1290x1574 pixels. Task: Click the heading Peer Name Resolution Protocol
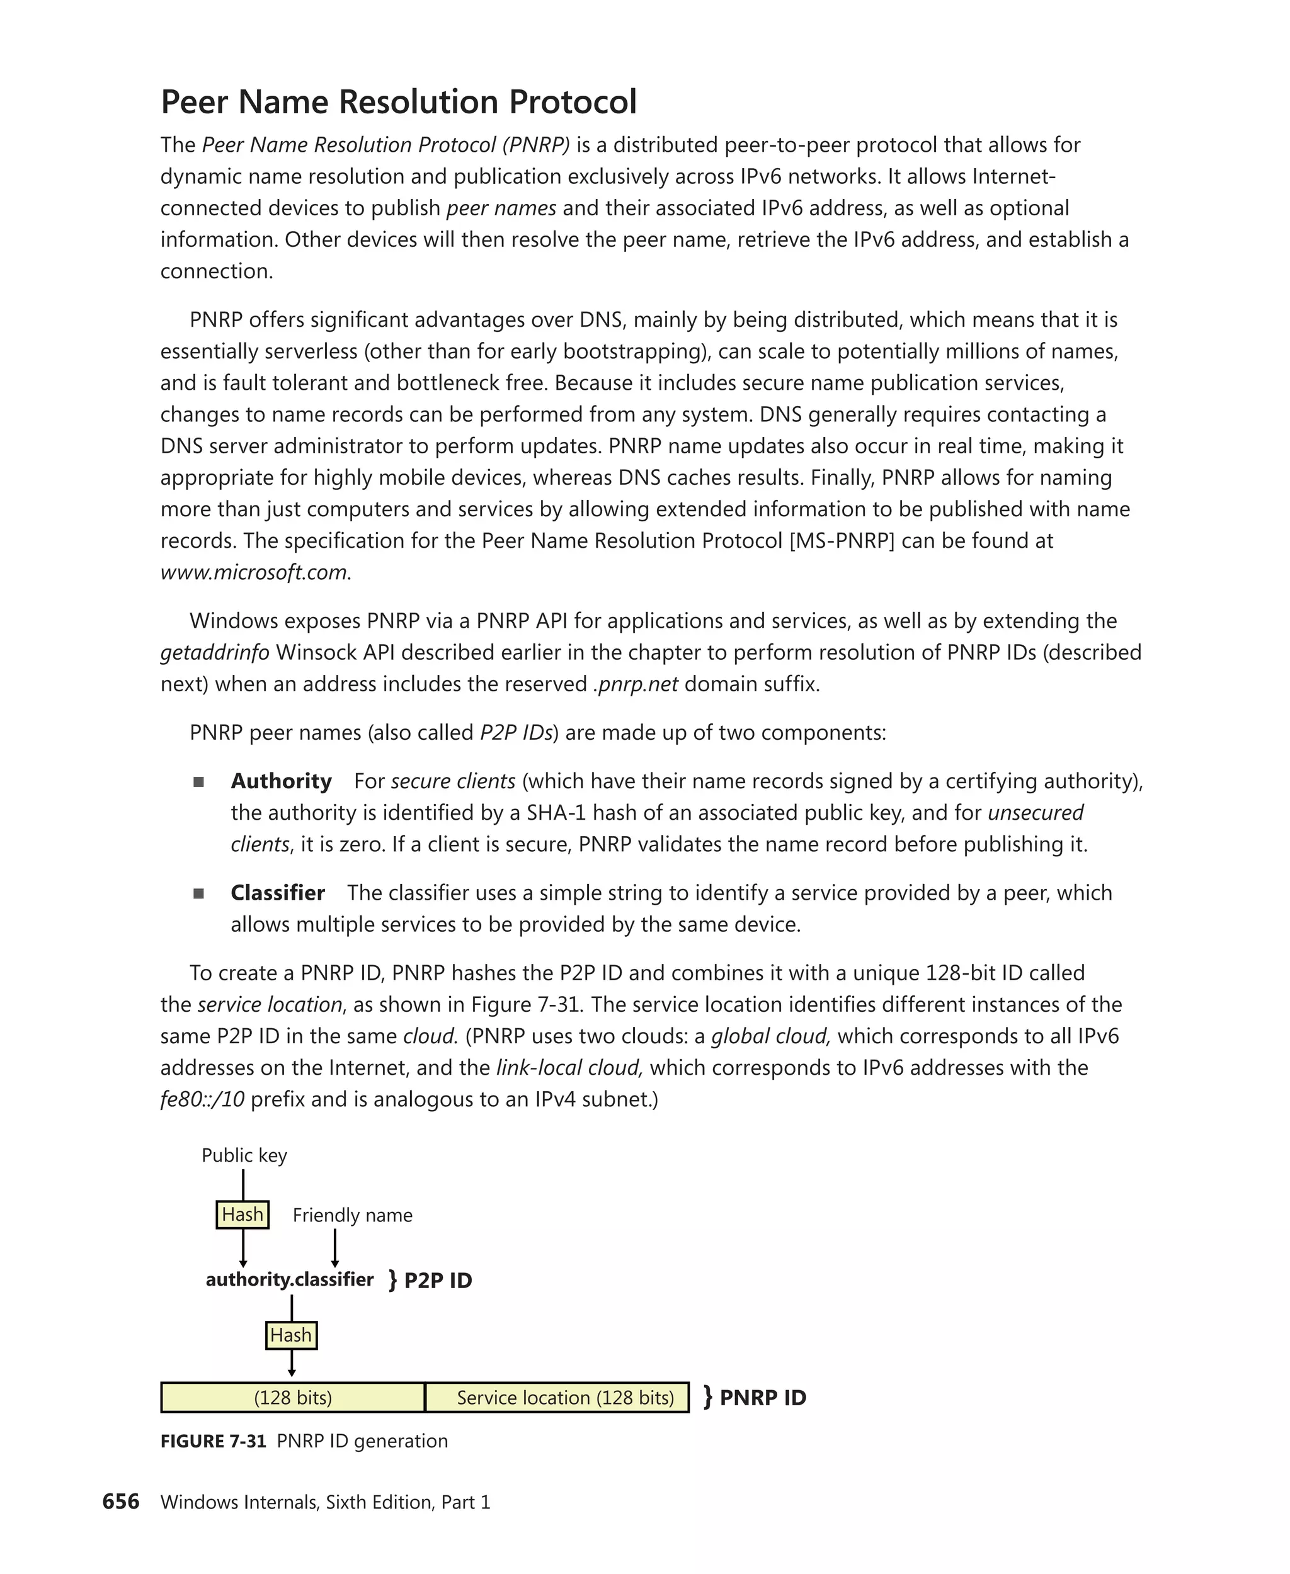[398, 102]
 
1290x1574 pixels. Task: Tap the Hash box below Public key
[243, 1214]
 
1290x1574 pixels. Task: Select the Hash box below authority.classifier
[291, 1335]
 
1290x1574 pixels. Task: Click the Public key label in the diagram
[244, 1155]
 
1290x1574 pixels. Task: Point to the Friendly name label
[352, 1215]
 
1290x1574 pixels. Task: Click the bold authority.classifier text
[289, 1279]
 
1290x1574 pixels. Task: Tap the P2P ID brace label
[430, 1281]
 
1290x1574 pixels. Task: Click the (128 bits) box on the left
[293, 1397]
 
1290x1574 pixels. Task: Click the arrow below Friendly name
[335, 1247]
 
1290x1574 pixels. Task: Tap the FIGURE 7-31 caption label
[214, 1441]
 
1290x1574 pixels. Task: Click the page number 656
[120, 1501]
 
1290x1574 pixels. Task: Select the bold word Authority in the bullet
[281, 781]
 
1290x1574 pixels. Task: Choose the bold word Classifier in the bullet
[277, 892]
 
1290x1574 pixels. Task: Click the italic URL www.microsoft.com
[254, 572]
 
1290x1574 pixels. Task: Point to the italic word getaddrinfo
[215, 652]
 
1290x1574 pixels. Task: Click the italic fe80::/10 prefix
[202, 1099]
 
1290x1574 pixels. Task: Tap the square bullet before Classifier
[198, 893]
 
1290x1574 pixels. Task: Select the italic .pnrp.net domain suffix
[636, 683]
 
